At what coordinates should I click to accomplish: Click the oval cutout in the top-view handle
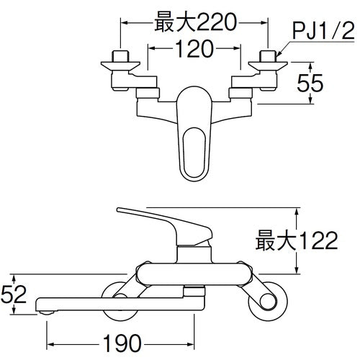click(194, 148)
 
